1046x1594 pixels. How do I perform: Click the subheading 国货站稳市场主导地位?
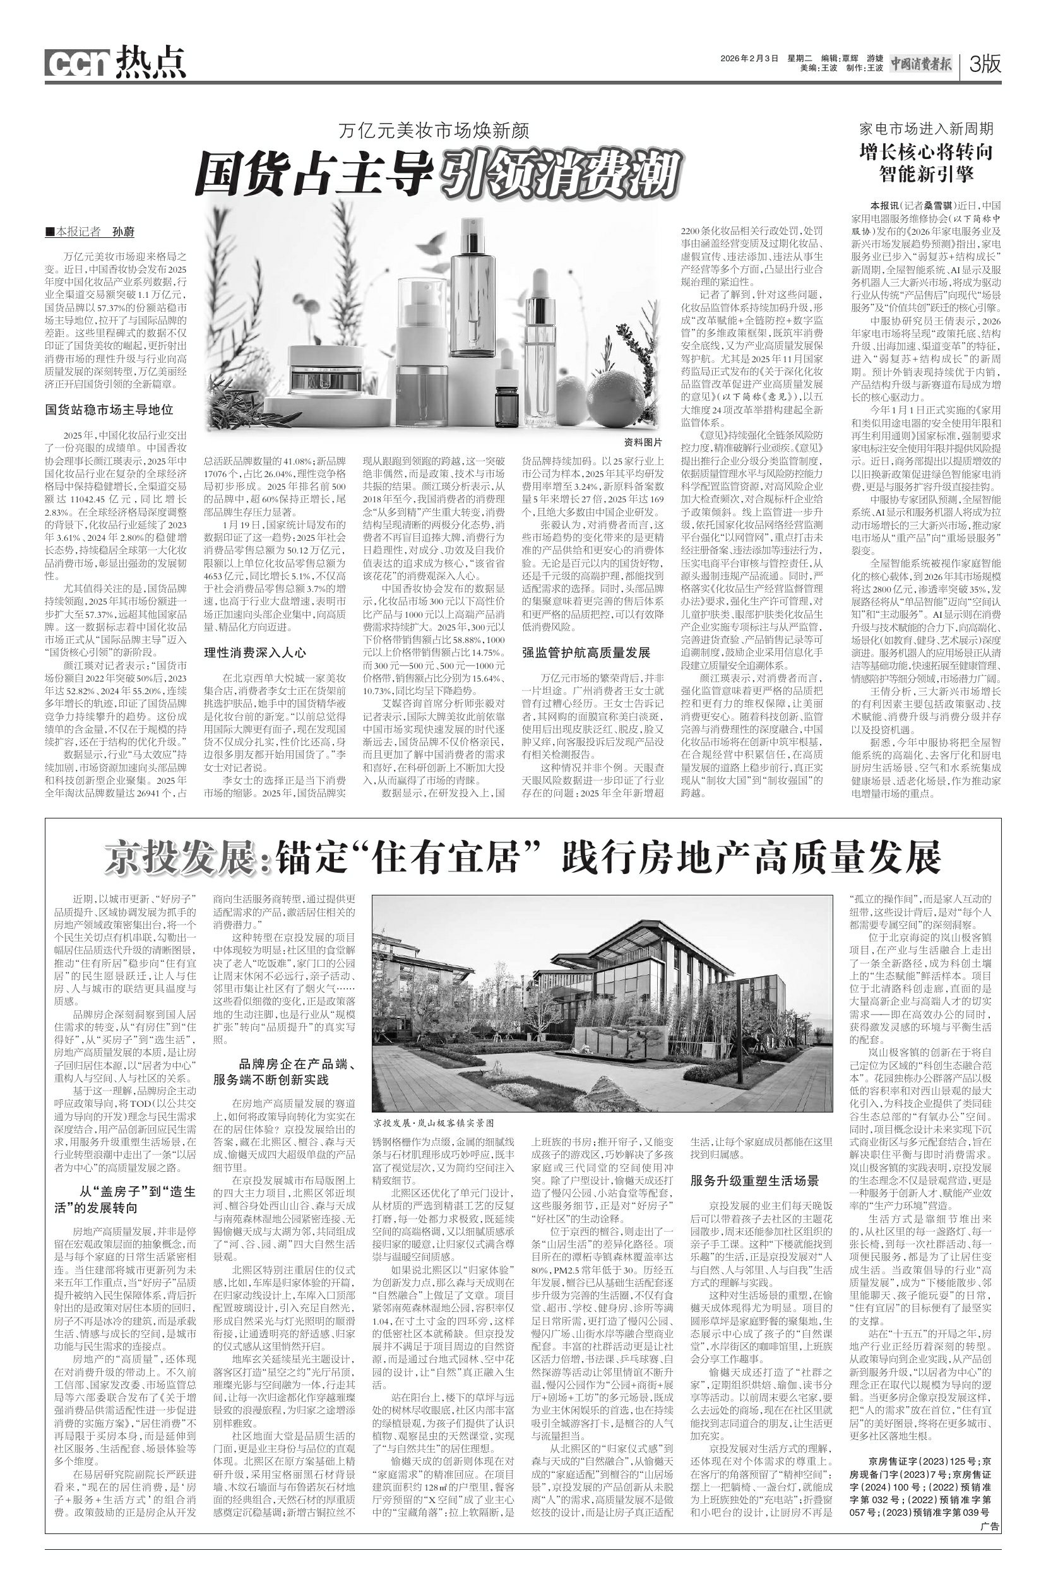click(x=109, y=409)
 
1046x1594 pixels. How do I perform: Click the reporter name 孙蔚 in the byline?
click(x=123, y=232)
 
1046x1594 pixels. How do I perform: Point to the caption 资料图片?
click(x=642, y=442)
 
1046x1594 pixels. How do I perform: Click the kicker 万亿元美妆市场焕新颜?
click(x=434, y=131)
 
